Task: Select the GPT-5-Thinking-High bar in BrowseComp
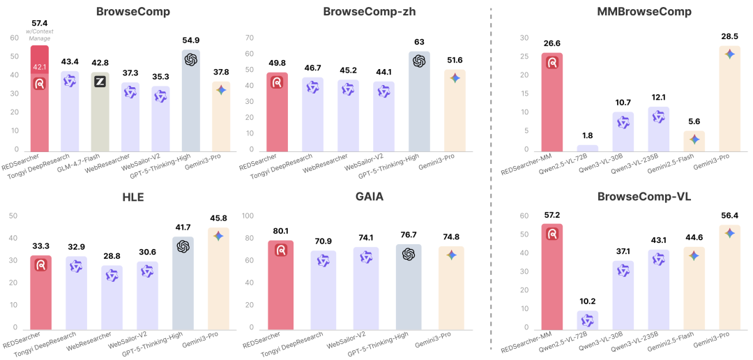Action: pos(191,100)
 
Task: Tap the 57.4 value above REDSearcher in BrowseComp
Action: pos(40,23)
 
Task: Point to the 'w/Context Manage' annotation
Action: pos(40,36)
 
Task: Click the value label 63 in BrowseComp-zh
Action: pos(419,43)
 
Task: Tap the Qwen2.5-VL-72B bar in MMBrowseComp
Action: pos(587,148)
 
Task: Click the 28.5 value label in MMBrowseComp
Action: pos(729,36)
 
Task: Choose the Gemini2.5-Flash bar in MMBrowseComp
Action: pos(694,141)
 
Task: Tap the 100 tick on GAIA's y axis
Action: pos(246,216)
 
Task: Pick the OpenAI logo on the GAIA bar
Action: pos(409,254)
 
